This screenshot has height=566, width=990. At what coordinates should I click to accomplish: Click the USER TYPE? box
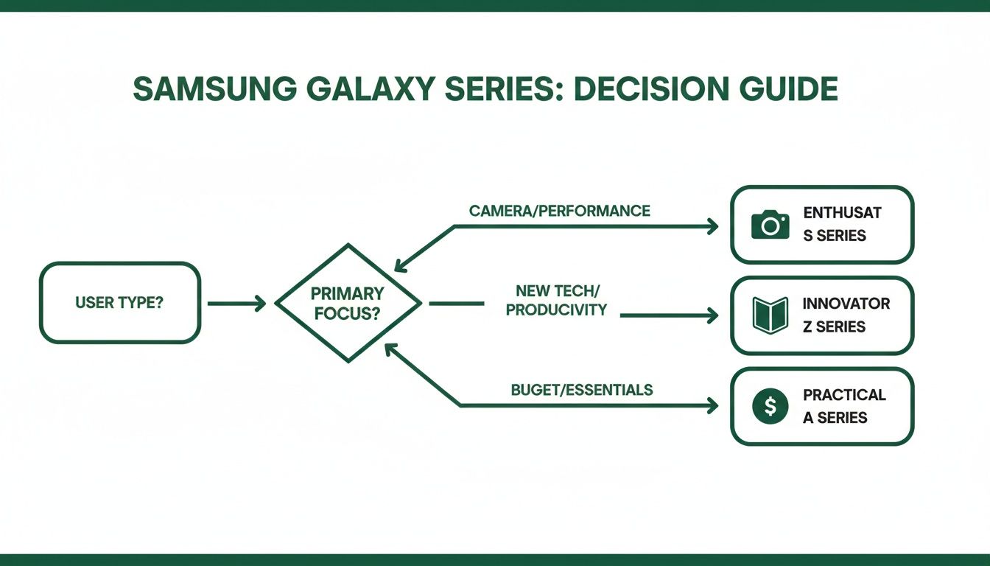[x=119, y=303]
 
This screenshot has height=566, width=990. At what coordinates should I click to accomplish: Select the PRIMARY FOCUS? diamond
[x=348, y=303]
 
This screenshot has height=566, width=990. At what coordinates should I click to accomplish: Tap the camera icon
[x=770, y=224]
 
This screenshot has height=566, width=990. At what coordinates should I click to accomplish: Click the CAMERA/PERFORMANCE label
[x=560, y=211]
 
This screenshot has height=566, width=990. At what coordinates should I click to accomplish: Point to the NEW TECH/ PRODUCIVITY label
[x=556, y=301]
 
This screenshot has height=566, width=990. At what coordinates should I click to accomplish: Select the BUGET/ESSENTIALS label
[x=582, y=389]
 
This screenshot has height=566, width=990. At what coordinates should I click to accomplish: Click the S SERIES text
[x=834, y=237]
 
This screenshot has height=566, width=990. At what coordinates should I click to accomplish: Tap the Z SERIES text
[x=834, y=326]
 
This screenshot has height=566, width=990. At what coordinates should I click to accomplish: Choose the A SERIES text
[x=835, y=418]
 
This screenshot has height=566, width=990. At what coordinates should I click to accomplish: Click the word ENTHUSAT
[x=842, y=214]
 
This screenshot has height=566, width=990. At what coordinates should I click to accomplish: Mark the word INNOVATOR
[x=846, y=304]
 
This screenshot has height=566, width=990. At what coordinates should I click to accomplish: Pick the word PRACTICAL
[x=844, y=395]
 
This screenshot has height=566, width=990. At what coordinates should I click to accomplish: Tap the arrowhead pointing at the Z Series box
[x=712, y=315]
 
